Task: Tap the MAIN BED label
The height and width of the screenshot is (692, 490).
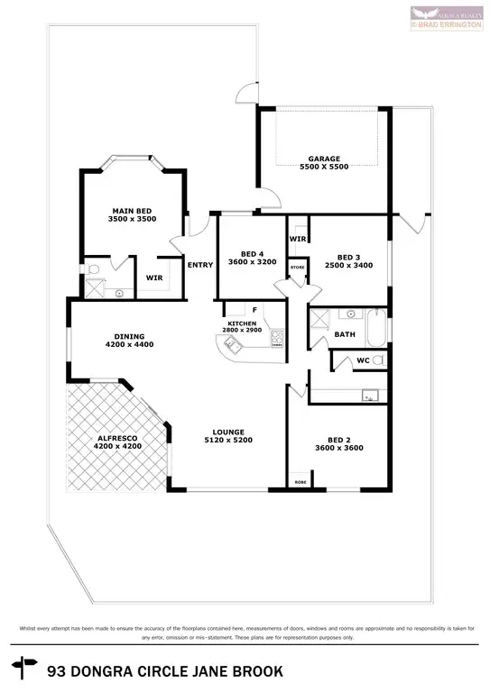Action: click(133, 211)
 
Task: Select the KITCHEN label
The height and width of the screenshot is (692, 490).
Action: click(242, 323)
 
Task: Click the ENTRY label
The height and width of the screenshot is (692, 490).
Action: click(199, 265)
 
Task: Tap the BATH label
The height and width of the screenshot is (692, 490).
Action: click(344, 333)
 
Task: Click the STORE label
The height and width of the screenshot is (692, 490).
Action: click(297, 268)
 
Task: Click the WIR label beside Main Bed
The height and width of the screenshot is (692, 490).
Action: click(154, 278)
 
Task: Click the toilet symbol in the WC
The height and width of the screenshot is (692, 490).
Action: click(379, 360)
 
